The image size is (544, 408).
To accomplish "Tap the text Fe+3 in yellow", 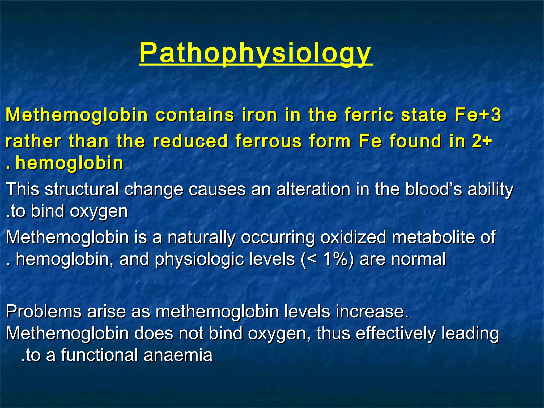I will coord(478,115).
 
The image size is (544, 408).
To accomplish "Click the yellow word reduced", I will coord(190,141).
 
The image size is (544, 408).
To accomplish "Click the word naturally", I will coord(201,237).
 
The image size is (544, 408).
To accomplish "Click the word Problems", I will coord(44,311).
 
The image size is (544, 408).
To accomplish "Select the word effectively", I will coord(396,333).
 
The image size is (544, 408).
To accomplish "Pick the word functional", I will coord(99,355).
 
